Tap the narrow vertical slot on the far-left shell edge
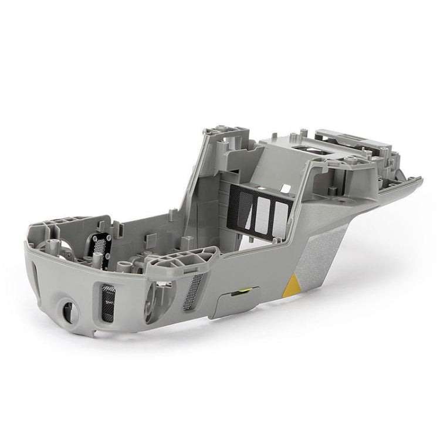point(34,276)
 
